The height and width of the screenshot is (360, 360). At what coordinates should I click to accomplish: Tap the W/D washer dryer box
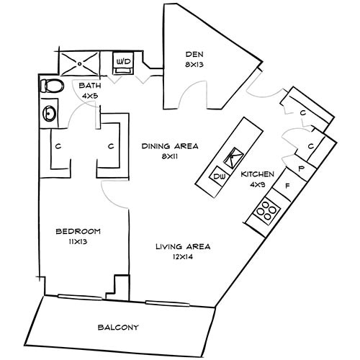click(x=124, y=63)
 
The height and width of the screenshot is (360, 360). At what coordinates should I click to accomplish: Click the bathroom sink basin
click(x=49, y=114)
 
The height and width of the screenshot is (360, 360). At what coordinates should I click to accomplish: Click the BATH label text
click(x=90, y=85)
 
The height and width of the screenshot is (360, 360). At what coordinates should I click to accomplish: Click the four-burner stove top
click(x=266, y=210)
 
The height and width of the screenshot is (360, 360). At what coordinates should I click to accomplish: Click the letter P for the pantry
click(x=300, y=168)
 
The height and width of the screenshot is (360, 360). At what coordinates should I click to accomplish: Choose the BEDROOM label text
click(x=78, y=231)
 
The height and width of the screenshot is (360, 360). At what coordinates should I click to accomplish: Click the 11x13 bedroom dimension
click(x=78, y=243)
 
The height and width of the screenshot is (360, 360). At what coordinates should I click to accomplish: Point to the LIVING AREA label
click(x=183, y=247)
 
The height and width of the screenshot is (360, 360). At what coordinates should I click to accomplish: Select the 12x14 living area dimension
click(x=183, y=257)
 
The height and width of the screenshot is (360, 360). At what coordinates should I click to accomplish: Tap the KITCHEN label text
click(x=257, y=174)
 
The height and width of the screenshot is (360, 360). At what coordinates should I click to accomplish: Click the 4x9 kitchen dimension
click(x=257, y=184)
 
